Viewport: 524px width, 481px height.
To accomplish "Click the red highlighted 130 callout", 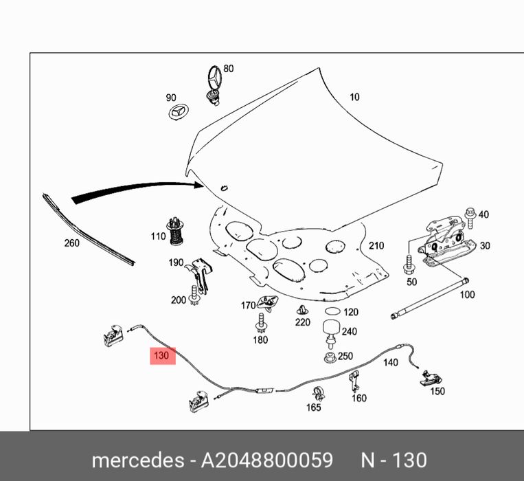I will (161, 356).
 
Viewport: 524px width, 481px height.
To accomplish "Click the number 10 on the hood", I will (354, 97).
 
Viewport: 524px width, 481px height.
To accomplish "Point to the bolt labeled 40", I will (470, 216).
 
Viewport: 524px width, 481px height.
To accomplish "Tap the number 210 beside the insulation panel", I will (376, 245).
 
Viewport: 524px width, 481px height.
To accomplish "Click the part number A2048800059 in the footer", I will (267, 460).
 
